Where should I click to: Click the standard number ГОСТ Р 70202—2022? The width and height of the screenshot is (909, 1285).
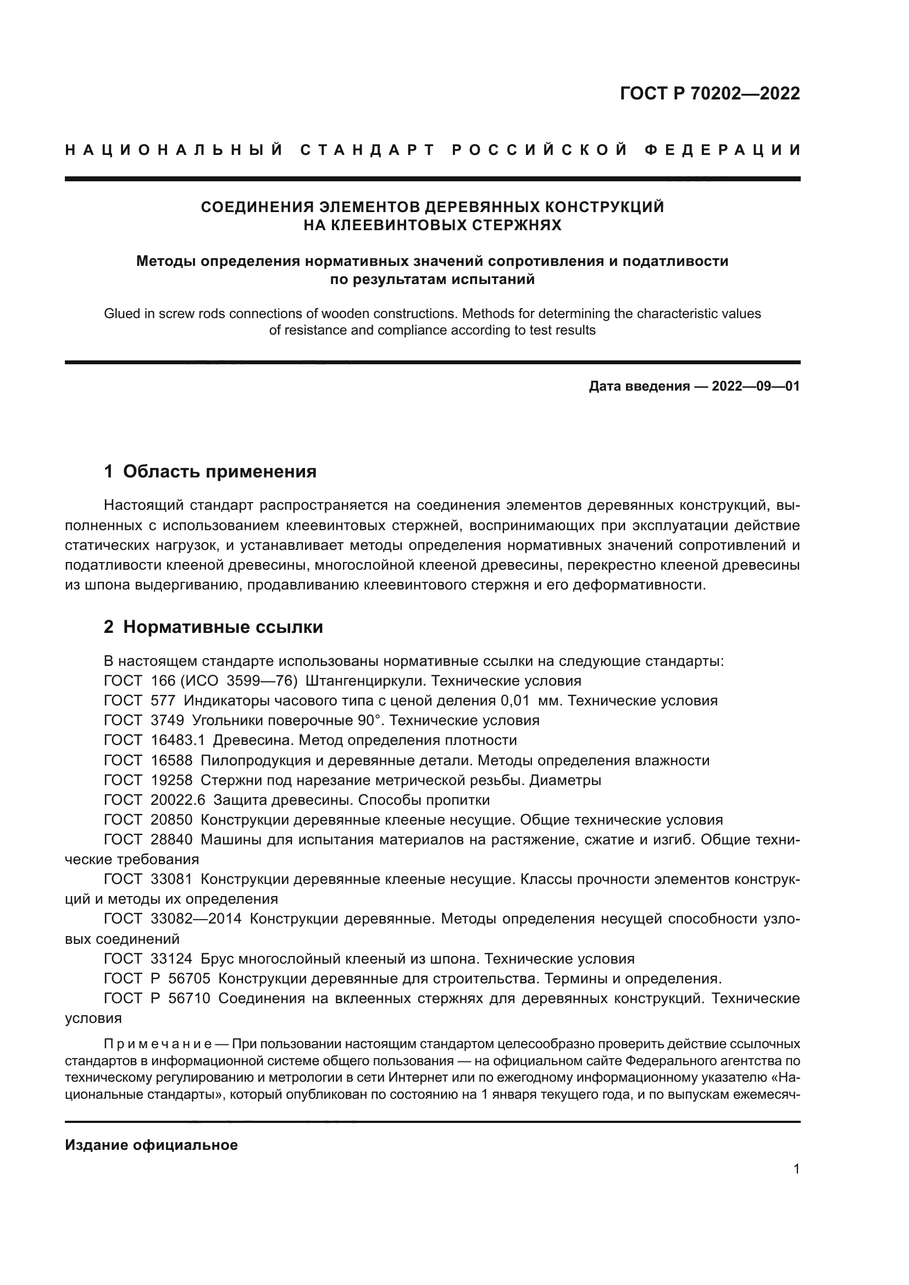point(710,93)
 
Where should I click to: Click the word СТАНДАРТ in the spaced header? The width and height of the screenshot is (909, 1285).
point(367,150)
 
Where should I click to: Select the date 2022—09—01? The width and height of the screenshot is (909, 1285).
point(756,386)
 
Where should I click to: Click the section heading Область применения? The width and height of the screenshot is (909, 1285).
point(219,471)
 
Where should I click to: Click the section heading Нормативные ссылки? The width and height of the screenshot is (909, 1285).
point(223,627)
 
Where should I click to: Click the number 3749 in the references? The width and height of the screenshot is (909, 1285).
point(167,720)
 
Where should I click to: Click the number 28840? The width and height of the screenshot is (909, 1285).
point(171,839)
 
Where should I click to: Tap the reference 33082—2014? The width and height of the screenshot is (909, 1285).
point(196,919)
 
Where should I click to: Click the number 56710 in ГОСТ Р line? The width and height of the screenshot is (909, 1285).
point(189,998)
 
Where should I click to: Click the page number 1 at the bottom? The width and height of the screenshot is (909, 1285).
point(796,1169)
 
